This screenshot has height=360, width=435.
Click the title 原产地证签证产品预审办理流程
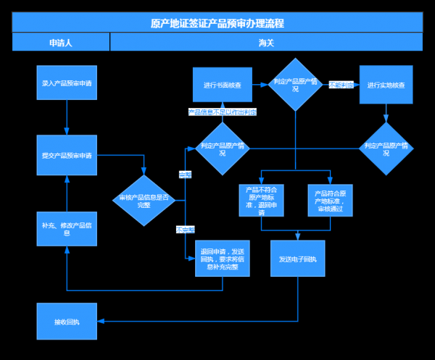217,22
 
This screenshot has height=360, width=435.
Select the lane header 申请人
60,43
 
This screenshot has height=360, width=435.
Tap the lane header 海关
266,43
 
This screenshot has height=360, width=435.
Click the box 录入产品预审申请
67,83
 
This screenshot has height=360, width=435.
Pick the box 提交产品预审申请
67,156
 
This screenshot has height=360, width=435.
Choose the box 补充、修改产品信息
67,229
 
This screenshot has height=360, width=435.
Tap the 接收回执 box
67,321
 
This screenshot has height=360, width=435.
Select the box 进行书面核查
223,85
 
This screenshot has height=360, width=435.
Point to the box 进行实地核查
386,85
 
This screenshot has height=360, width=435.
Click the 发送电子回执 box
297,259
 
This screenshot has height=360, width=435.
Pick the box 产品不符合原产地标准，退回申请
261,201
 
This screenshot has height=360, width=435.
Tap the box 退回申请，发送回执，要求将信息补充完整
223,259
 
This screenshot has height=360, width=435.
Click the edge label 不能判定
341,85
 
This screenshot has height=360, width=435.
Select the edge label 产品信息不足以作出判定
223,112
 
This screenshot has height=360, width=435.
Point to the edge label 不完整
185,230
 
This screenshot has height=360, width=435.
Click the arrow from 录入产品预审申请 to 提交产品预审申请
67,117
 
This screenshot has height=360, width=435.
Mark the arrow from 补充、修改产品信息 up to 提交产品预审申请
67,194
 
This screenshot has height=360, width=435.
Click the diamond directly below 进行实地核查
386,148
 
